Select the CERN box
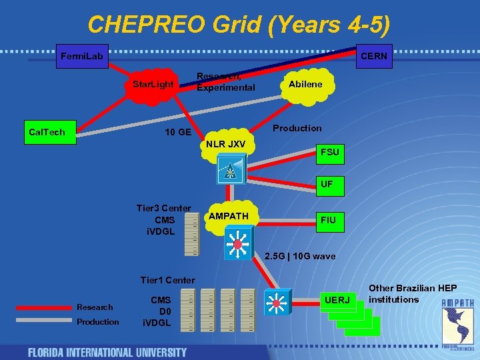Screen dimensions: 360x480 point(373,57)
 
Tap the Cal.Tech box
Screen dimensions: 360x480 point(47,132)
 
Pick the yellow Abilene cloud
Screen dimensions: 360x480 point(305,84)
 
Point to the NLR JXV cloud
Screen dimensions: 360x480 point(225,144)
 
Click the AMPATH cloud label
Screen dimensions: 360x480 point(229,216)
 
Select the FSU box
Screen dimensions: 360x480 point(329,152)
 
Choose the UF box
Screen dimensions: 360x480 point(327,184)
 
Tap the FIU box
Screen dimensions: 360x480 point(329,219)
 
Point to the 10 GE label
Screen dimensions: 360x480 point(178,132)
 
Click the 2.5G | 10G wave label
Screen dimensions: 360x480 point(299,256)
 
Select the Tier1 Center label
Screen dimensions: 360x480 point(168,280)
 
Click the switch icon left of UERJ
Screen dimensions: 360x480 point(276,303)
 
